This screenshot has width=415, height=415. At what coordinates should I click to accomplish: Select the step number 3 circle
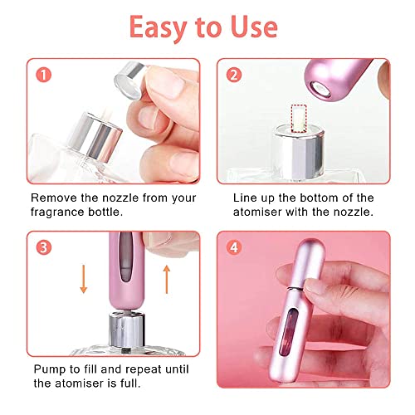pyautogui.click(x=42, y=247)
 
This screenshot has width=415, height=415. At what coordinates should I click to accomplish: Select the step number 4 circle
pyautogui.click(x=235, y=247)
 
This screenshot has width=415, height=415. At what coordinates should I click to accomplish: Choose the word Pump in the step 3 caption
pyautogui.click(x=48, y=369)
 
